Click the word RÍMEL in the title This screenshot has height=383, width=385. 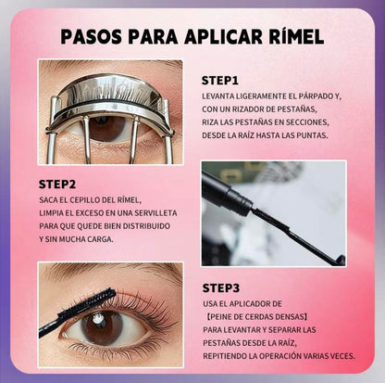296,36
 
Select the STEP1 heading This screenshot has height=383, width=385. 220,81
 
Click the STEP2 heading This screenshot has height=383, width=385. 57,185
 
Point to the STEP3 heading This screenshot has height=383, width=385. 221,288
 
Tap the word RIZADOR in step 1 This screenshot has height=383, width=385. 242,109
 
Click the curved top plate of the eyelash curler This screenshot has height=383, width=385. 112,90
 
